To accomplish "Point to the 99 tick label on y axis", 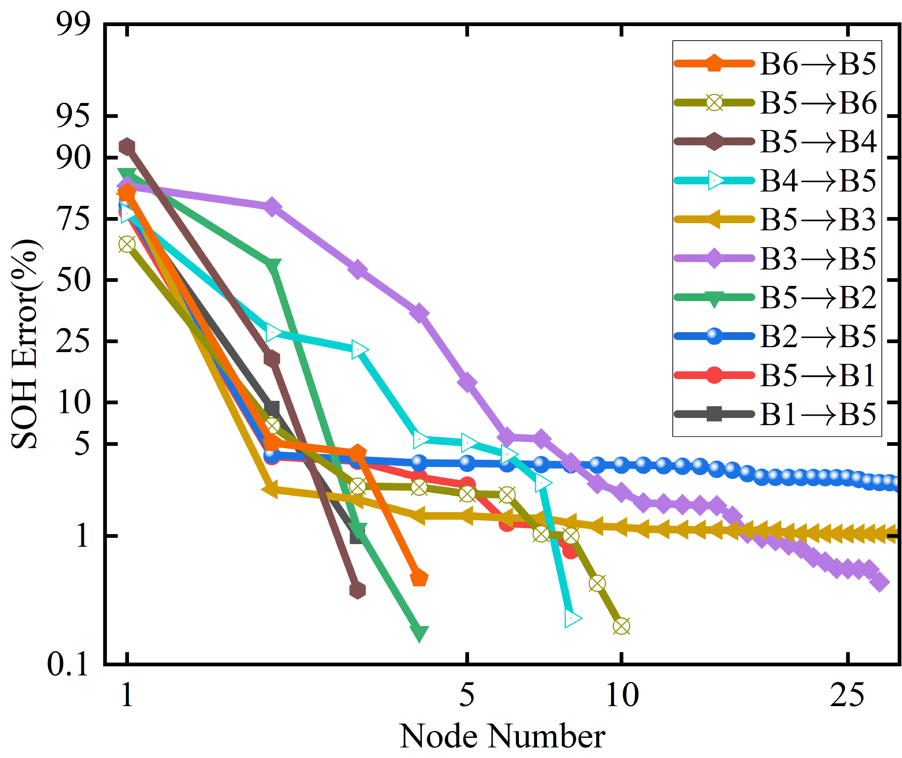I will coord(73,24).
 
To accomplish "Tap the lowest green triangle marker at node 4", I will coord(419,632).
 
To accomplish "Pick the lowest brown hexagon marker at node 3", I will coord(357,590).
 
